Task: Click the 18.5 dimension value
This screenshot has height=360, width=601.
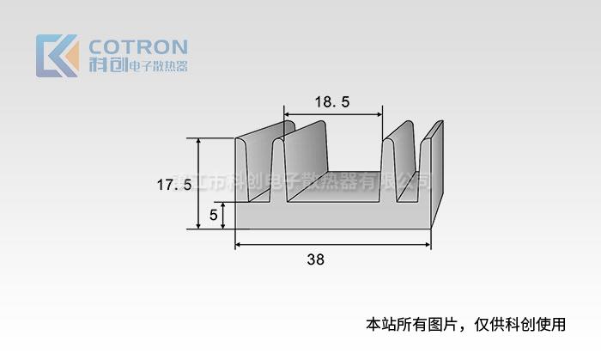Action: coord(332,102)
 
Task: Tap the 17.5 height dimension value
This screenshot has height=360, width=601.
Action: coord(173,184)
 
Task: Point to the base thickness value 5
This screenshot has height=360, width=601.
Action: coord(213,215)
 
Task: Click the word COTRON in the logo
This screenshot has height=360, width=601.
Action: coord(137,46)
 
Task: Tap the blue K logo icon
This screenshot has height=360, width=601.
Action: coord(57,55)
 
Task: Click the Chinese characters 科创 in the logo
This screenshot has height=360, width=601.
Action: coord(107,65)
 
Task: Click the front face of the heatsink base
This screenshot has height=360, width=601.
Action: coord(331,217)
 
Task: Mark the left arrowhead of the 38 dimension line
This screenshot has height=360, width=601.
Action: coord(239,245)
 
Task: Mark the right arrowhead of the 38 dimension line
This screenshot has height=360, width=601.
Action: coord(428,245)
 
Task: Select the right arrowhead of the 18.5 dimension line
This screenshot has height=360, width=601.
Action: coord(379,114)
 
